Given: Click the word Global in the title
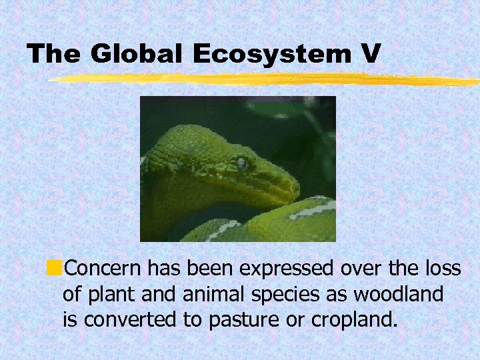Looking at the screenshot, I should (x=137, y=53).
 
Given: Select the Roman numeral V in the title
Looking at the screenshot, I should (x=372, y=53).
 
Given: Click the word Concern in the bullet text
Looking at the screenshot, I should (x=103, y=269).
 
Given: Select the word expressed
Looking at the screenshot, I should (x=285, y=270).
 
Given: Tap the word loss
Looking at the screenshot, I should (x=442, y=269).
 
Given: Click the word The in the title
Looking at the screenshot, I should (x=53, y=54).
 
